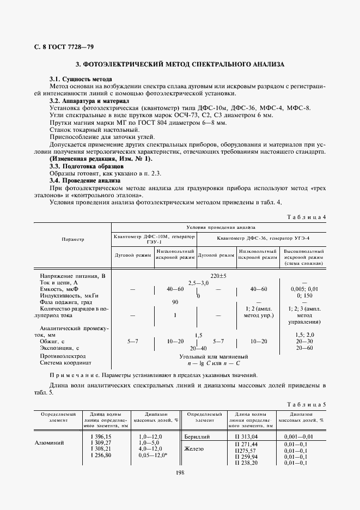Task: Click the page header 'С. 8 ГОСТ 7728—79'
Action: pyautogui.click(x=55, y=46)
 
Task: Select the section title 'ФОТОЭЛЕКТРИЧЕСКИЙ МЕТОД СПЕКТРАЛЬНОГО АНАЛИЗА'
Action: pyautogui.click(x=184, y=64)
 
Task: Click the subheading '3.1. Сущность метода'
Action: pyautogui.click(x=81, y=80)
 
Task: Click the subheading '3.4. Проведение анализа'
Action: pyautogui.click(x=84, y=180)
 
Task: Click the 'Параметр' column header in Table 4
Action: pyautogui.click(x=72, y=239)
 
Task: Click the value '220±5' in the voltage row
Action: pyautogui.click(x=218, y=276)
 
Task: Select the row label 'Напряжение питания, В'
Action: pyautogui.click(x=72, y=276)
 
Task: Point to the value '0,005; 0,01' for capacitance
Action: pyautogui.click(x=304, y=289)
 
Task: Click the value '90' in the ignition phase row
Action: pyautogui.click(x=175, y=302)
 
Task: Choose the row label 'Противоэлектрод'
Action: pyautogui.click(x=65, y=355)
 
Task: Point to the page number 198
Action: pyautogui.click(x=180, y=472)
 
